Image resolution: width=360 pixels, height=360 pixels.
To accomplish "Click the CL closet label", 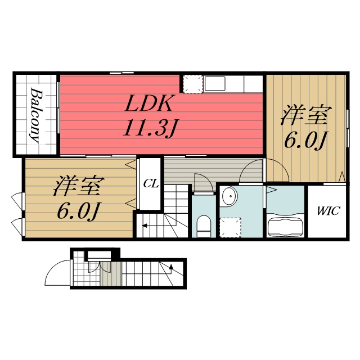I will pyautogui.click(x=149, y=183).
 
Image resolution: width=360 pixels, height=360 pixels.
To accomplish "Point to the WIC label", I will pyautogui.click(x=327, y=211).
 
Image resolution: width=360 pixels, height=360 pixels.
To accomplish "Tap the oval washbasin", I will pyautogui.click(x=229, y=197).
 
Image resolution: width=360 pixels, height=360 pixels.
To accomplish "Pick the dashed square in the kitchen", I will pyautogui.click(x=192, y=84).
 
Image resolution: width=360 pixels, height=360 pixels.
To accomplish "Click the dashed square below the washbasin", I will pyautogui.click(x=230, y=228).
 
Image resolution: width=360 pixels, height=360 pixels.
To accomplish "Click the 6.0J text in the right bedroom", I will pyautogui.click(x=305, y=140).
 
